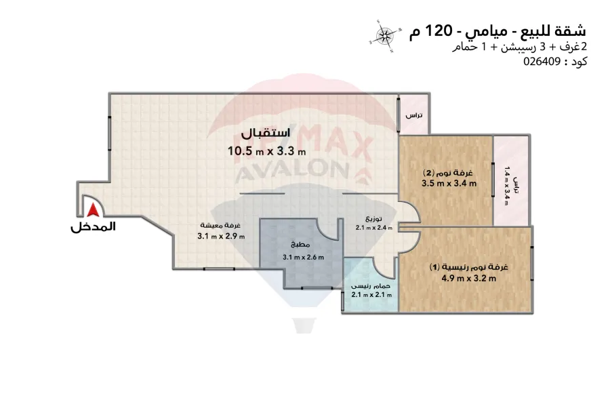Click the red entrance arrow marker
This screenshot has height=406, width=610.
click(x=91, y=213)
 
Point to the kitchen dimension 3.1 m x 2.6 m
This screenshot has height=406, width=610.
click(x=303, y=257)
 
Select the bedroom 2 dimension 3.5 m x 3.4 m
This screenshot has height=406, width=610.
click(x=449, y=183)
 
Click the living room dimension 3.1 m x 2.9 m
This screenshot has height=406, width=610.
click(x=221, y=236)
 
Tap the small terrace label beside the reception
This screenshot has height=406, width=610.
click(x=413, y=116)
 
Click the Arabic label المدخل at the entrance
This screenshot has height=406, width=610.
click(x=93, y=228)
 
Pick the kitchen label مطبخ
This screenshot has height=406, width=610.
click(x=302, y=245)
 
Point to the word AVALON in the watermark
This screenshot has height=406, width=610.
click(x=302, y=174)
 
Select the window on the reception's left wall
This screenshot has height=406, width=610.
click(x=110, y=130)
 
